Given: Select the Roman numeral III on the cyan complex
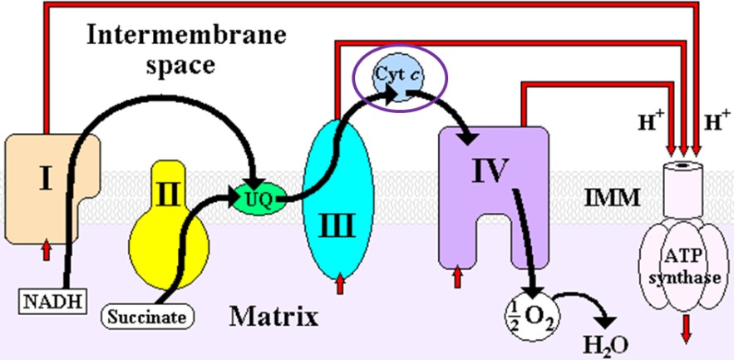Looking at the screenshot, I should click(340, 223).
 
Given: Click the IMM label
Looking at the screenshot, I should click(612, 199).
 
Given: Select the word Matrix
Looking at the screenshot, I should click(273, 316).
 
